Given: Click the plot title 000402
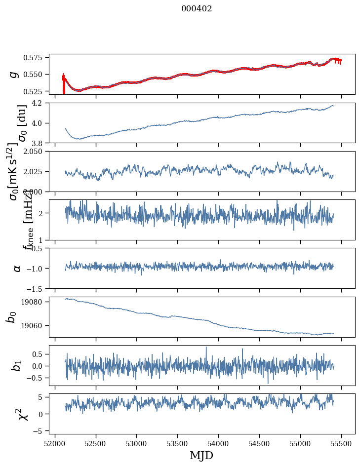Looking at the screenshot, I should click(197, 8).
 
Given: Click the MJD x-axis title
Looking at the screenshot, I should click(201, 456).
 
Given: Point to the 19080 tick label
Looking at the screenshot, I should click(37, 302).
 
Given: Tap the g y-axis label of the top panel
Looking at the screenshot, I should click(14, 74).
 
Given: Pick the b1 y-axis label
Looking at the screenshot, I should click(17, 365).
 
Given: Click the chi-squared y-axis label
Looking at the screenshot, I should click(23, 414).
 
